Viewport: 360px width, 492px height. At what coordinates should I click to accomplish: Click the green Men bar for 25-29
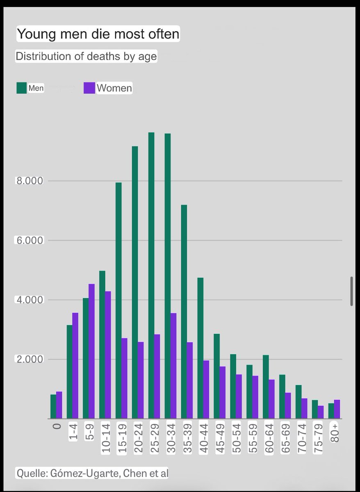tap(151, 275)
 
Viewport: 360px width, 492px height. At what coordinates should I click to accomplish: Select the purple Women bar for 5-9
tap(91, 351)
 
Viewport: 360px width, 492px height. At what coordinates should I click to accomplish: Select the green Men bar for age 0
tap(53, 406)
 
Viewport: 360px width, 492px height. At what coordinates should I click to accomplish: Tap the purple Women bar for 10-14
tap(108, 355)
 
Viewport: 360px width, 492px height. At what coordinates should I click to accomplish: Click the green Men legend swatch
tap(21, 88)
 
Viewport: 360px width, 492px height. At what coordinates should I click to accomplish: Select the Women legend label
tap(114, 88)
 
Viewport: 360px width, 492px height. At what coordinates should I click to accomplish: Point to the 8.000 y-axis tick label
tap(29, 181)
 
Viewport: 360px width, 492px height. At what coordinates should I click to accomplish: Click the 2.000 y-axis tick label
tap(29, 360)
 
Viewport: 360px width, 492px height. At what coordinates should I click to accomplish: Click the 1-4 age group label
tap(73, 433)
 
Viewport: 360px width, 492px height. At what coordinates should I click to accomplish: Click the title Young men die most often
tap(98, 34)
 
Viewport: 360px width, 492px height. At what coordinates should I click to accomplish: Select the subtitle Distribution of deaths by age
tap(86, 56)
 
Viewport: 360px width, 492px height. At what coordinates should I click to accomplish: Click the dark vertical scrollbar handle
tap(351, 291)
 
